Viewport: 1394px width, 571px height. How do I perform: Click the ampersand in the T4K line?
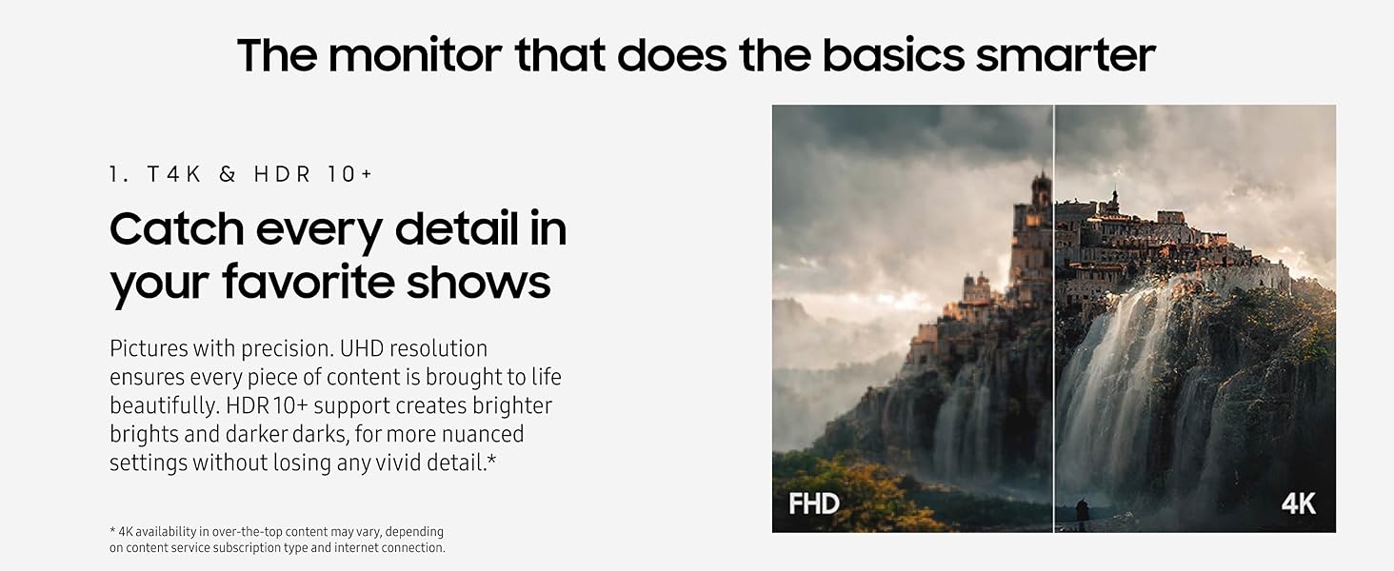[227, 174]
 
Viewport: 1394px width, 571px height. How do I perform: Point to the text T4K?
[169, 174]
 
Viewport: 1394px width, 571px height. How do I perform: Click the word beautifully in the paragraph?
[164, 405]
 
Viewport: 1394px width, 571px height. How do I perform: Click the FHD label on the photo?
[814, 502]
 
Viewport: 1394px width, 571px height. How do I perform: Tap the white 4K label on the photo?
[1298, 502]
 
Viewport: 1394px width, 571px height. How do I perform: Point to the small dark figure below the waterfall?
[1082, 511]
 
